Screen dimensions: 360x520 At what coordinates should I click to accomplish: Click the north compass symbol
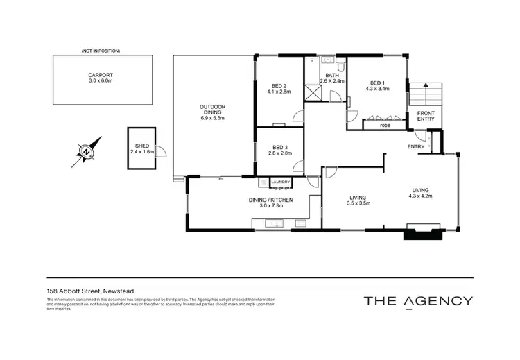pos(87,149)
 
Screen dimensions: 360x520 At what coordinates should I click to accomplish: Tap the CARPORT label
pos(101,75)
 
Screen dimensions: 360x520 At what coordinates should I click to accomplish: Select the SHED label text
pos(141,146)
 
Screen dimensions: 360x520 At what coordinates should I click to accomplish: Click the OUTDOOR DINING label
pos(212,107)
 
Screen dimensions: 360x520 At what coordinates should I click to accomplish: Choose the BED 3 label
pos(279,147)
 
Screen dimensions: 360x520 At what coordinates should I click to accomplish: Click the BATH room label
pos(332,75)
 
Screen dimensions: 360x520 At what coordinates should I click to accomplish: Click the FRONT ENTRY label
pos(426,116)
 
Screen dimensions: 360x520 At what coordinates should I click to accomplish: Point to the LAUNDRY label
pos(280,182)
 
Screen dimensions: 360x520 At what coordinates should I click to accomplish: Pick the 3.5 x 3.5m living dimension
pos(358,203)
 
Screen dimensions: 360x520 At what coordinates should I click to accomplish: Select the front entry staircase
pos(424,94)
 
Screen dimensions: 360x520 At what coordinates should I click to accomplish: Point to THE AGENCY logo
pos(419,300)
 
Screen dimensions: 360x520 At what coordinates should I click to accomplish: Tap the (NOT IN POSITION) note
pos(101,51)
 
